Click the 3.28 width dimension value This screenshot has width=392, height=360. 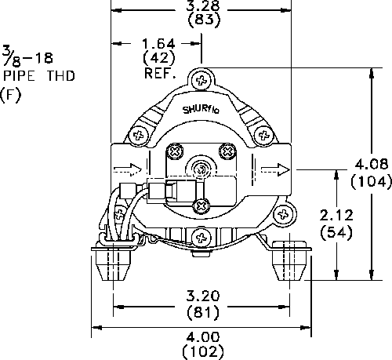(x=202, y=5)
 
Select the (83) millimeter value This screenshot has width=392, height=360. (x=204, y=20)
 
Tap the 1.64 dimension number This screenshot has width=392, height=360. (x=158, y=44)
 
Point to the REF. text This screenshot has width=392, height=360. (x=160, y=73)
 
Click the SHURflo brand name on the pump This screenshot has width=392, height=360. (x=201, y=109)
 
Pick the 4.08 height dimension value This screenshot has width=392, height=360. (x=372, y=164)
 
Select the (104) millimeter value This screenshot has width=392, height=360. (x=372, y=181)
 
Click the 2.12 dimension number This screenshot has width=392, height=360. (x=336, y=215)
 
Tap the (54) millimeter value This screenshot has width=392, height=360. (x=336, y=232)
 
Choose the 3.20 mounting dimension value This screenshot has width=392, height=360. (x=203, y=296)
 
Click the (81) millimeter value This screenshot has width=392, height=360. (x=203, y=312)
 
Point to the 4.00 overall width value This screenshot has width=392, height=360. (x=203, y=336)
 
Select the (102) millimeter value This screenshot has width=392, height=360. (x=203, y=352)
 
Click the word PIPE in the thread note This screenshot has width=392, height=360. (x=19, y=76)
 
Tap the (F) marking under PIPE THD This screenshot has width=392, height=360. (x=10, y=94)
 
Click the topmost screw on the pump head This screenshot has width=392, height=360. (x=201, y=80)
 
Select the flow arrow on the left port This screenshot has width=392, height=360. (x=128, y=169)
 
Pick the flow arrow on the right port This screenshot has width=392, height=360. (x=275, y=170)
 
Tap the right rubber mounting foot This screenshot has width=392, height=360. (x=289, y=260)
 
